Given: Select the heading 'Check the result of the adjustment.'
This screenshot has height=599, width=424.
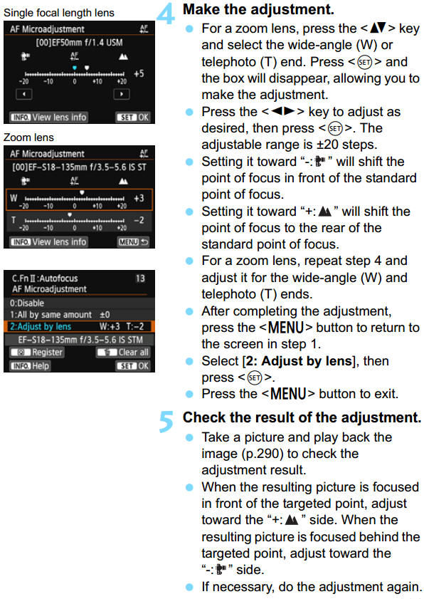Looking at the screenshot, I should pyautogui.click(x=302, y=417).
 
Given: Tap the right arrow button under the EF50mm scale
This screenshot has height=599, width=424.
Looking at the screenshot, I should pyautogui.click(x=123, y=93).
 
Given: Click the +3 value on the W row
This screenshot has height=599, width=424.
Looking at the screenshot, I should pyautogui.click(x=139, y=197).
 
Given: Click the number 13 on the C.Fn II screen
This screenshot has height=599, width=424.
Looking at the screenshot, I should pyautogui.click(x=139, y=278).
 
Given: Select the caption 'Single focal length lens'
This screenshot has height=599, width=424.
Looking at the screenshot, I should pyautogui.click(x=58, y=14).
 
